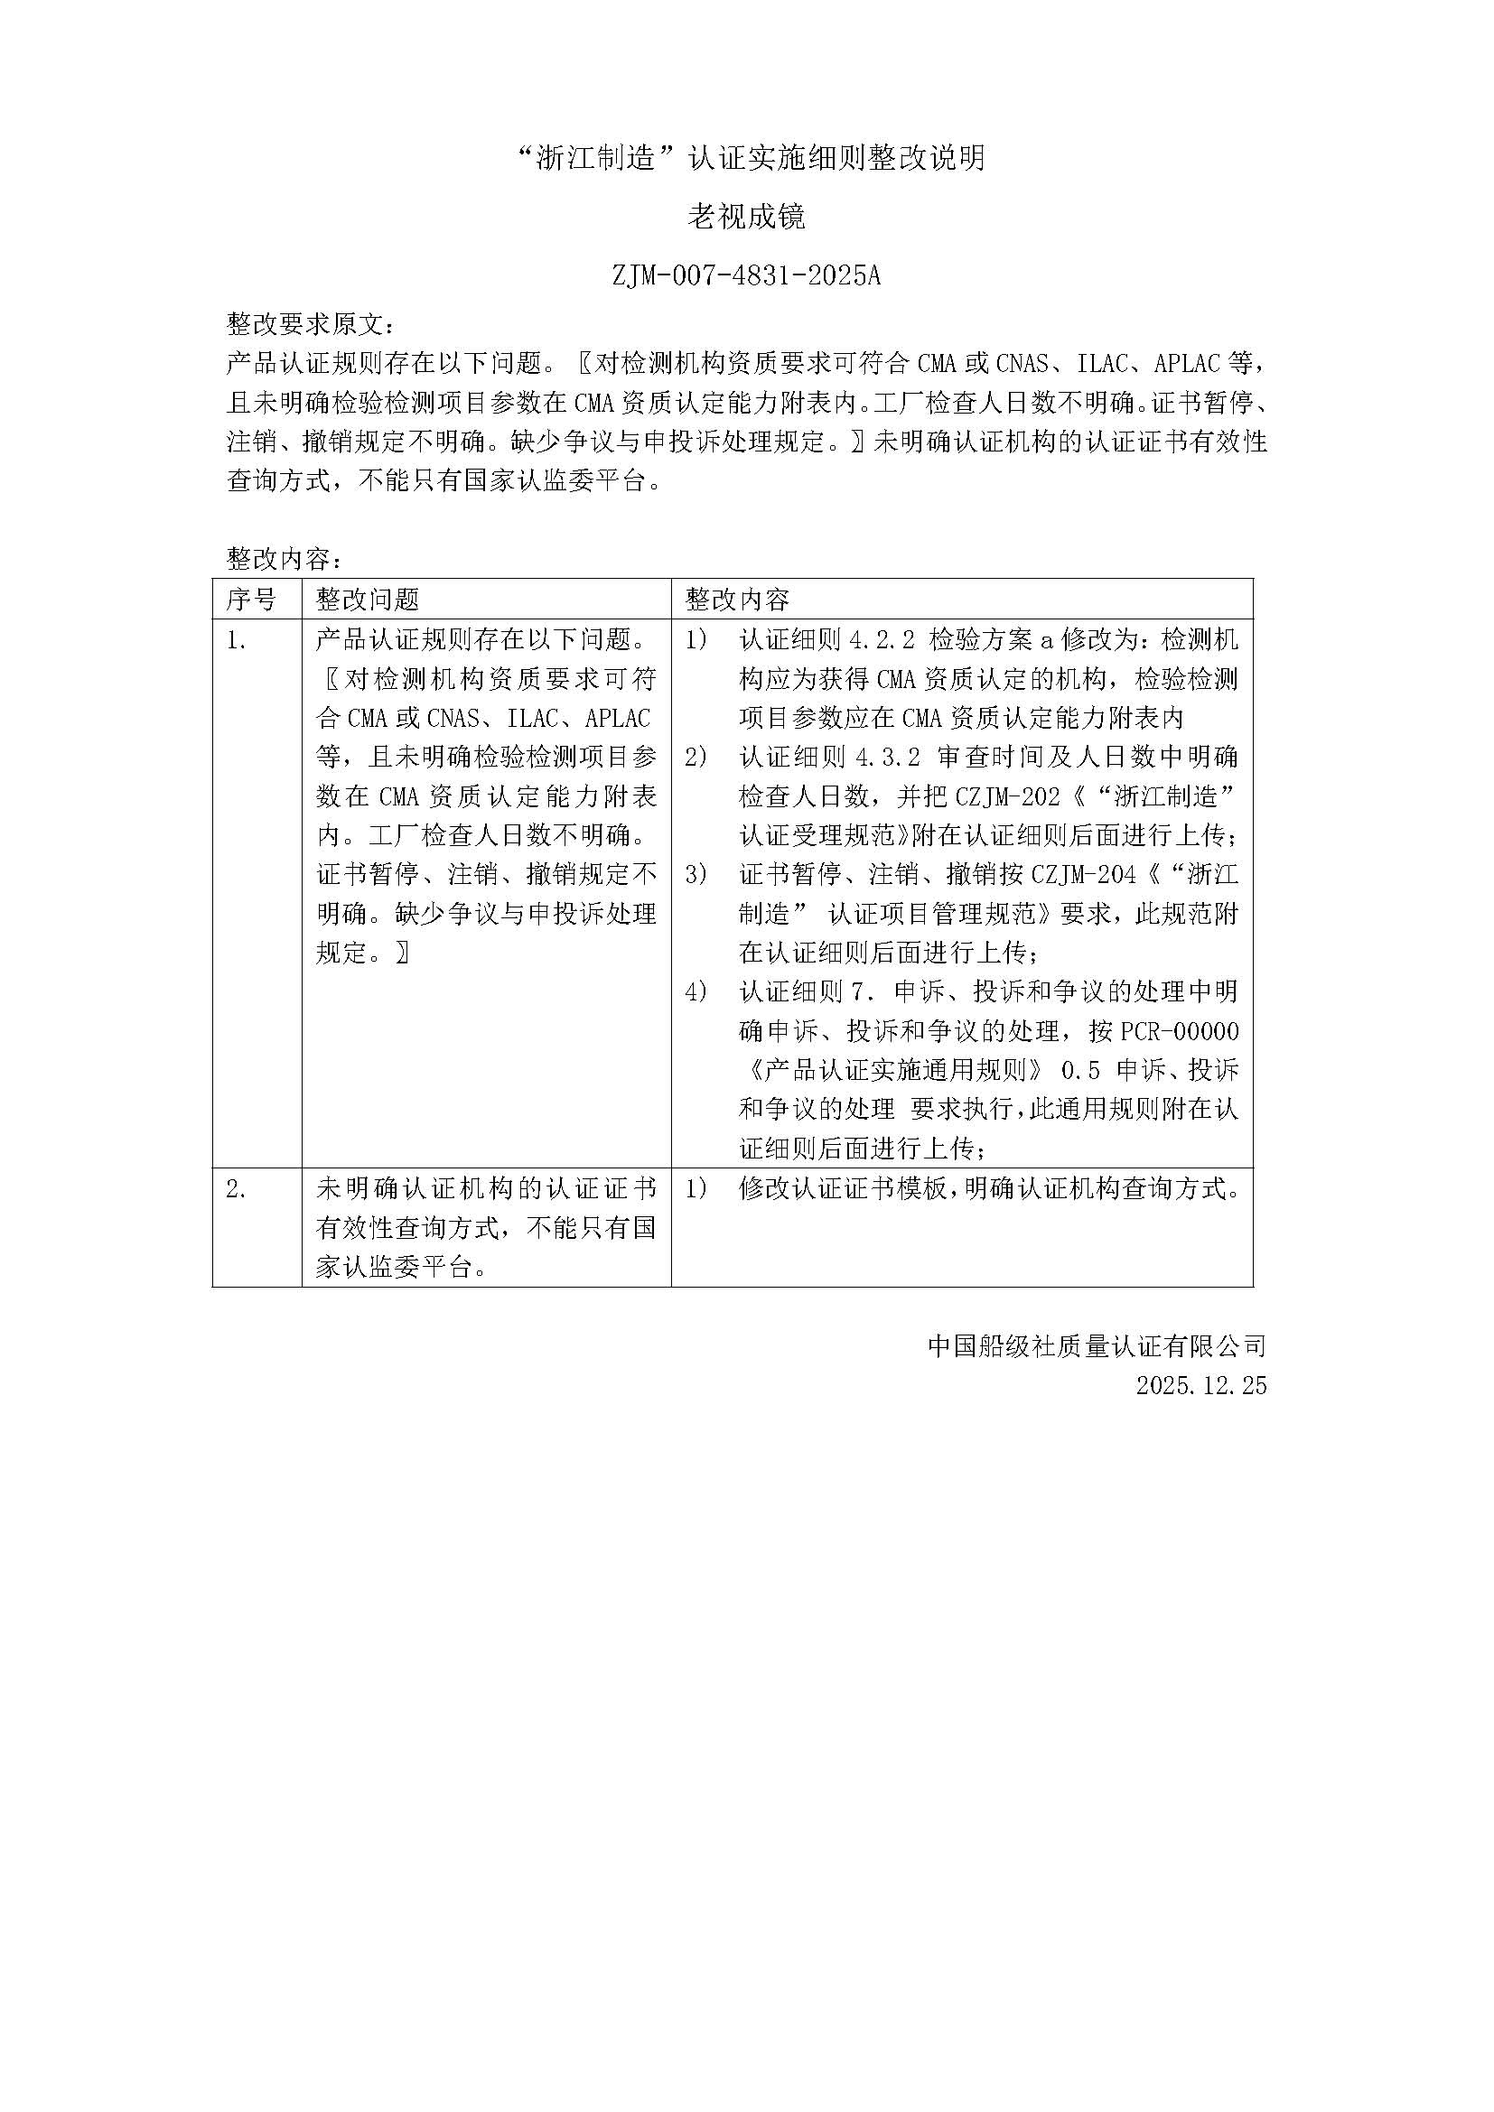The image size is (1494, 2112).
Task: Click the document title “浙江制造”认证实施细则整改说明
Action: click(746, 158)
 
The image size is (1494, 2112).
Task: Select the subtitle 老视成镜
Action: click(746, 217)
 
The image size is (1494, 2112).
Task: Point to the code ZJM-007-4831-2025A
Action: click(746, 275)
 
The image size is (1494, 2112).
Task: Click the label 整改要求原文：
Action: click(313, 324)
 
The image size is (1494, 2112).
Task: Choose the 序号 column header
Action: click(251, 600)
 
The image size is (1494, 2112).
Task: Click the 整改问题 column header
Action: click(368, 600)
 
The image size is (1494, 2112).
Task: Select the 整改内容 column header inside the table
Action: click(737, 600)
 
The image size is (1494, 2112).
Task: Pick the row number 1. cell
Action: click(237, 640)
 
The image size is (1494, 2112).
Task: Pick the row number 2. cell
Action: click(237, 1189)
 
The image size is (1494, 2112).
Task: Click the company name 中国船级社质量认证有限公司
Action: click(1097, 1346)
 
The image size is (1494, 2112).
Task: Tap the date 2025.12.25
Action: click(1200, 1385)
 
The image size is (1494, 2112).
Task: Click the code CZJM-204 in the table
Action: click(1084, 875)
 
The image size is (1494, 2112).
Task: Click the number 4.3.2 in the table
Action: click(888, 757)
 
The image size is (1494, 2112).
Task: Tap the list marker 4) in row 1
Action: click(696, 991)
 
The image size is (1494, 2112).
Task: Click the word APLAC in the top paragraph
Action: click(1190, 363)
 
